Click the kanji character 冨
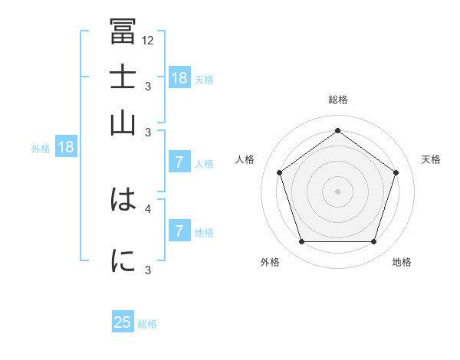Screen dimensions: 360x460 coord(123,31)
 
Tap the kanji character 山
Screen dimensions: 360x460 coord(123,123)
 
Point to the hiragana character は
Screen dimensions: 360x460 coord(123,201)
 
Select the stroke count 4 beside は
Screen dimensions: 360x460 coord(148,208)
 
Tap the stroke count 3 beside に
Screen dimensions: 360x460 coord(148,270)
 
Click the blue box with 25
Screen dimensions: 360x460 coord(123,322)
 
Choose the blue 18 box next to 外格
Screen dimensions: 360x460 coord(65,147)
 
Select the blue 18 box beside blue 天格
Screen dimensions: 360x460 coord(179,77)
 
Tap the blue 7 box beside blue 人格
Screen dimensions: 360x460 coord(179,162)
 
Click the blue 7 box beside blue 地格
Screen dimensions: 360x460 coord(179,231)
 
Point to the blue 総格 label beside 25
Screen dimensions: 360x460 coord(147,324)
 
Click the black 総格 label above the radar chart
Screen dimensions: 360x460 coord(337,100)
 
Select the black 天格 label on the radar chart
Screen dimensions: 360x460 coord(431,159)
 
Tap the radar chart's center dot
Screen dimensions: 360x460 coord(337,191)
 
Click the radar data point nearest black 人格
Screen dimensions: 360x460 coord(279,172)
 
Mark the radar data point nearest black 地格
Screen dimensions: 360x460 coord(373,242)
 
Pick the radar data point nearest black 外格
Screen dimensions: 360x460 coord(301,242)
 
